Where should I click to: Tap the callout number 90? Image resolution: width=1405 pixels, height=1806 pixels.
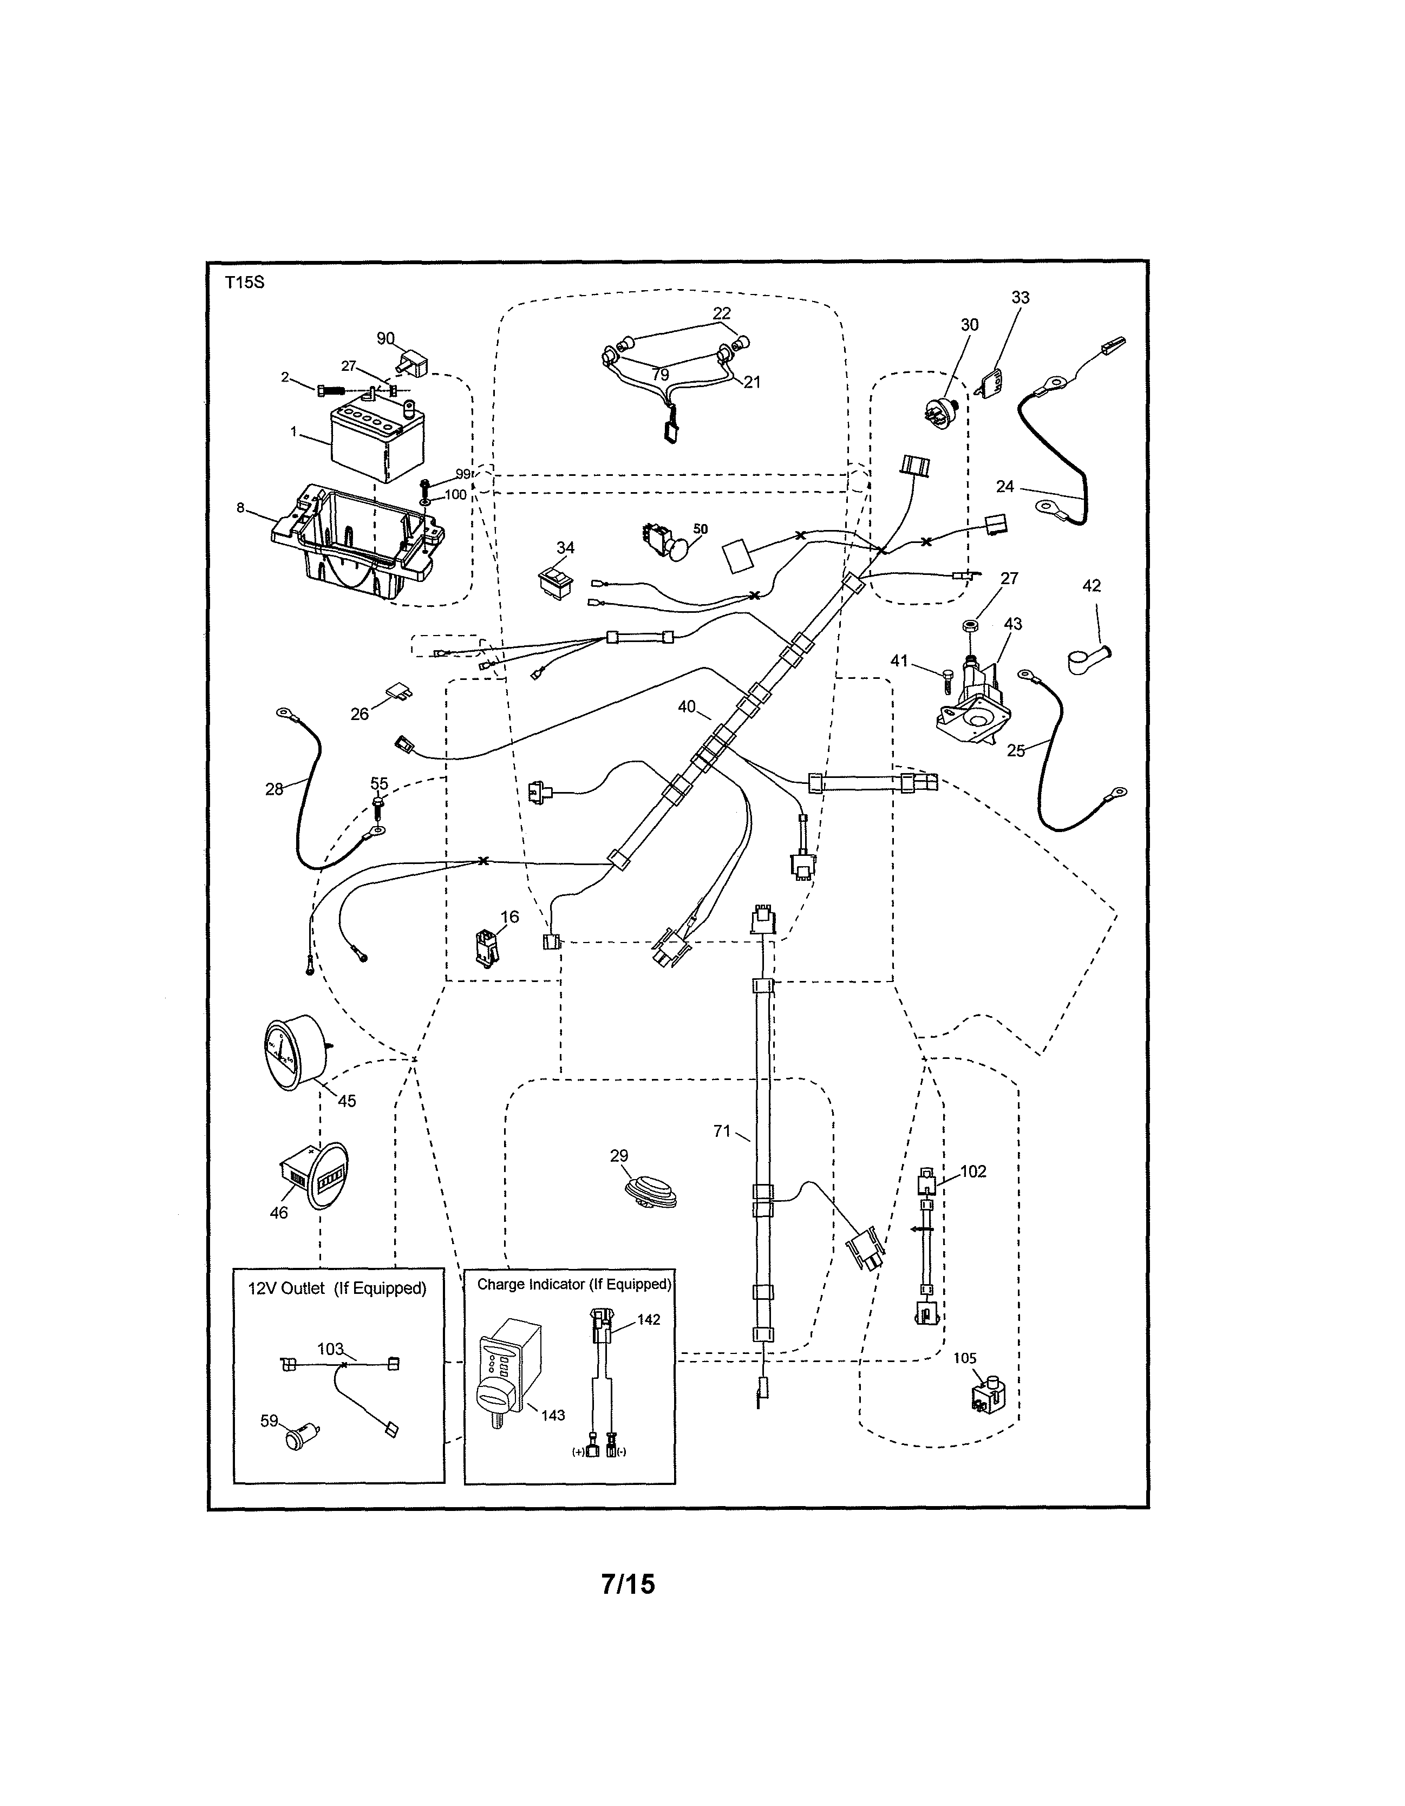coord(385,338)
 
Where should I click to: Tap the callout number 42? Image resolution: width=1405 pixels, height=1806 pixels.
coord(1091,585)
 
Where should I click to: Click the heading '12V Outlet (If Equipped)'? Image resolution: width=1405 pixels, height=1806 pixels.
coord(337,1288)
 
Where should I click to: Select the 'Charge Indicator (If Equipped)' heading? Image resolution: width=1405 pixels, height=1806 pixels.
coord(574,1284)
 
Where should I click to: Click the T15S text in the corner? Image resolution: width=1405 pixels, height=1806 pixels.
coord(244,282)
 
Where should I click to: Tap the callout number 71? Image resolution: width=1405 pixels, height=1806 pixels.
coord(722,1130)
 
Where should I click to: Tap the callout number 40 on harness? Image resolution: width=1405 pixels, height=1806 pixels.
coord(687,707)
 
